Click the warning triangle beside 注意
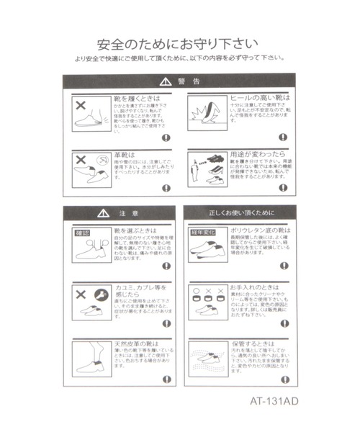(x=104, y=214)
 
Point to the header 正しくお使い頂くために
(x=240, y=214)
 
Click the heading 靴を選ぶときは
(x=137, y=230)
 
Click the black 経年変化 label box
(x=204, y=233)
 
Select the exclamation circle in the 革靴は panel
(x=166, y=188)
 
